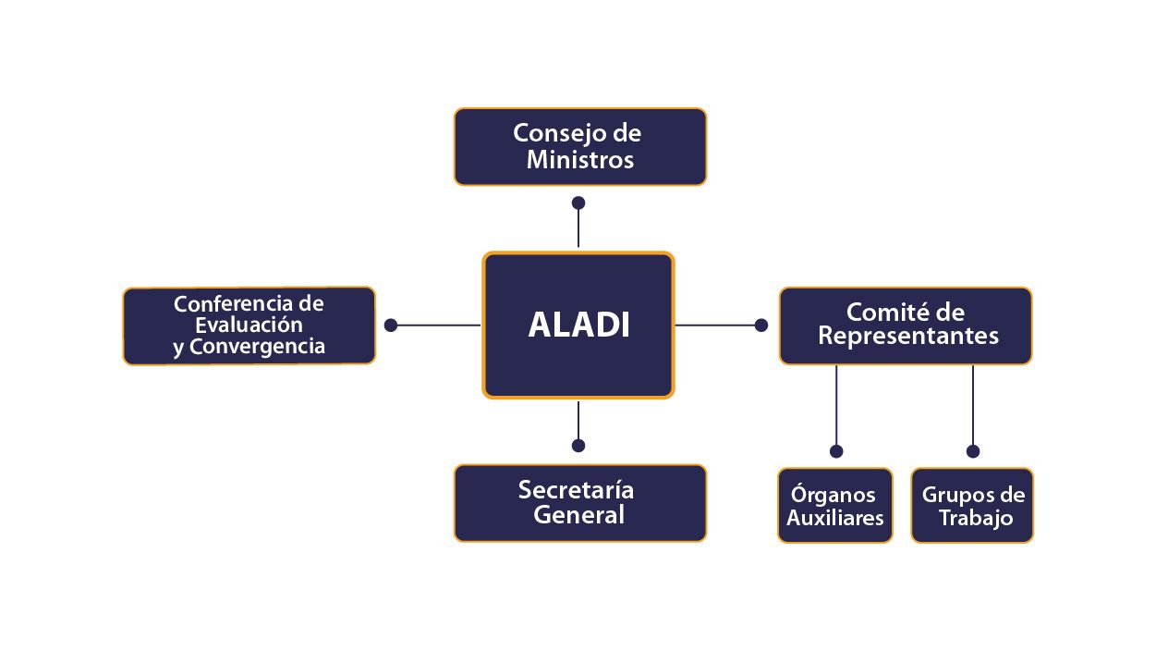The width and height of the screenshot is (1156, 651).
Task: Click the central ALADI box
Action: (578, 325)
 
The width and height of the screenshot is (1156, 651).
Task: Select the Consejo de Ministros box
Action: (579, 147)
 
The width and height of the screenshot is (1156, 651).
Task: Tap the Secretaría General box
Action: (579, 502)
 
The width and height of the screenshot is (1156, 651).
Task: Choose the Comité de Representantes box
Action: (905, 325)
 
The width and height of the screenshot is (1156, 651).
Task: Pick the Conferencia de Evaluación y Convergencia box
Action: (249, 325)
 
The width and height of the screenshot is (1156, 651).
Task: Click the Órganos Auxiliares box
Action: (835, 505)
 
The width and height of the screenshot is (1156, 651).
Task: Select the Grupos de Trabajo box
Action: (972, 505)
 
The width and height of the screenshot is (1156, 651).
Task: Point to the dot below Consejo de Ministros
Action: (578, 203)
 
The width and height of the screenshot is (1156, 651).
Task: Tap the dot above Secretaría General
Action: (578, 445)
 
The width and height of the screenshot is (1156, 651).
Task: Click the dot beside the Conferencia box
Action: (391, 325)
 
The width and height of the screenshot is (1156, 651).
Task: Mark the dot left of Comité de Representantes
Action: (761, 325)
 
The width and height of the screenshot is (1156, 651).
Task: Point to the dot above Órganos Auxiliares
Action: (836, 451)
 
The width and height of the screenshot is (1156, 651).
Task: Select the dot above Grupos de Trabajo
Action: (973, 451)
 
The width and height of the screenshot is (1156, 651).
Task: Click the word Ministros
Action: (580, 160)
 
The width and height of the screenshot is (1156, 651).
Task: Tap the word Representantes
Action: (908, 336)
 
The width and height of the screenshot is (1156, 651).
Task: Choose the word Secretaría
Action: (576, 489)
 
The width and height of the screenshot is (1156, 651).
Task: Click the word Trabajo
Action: (976, 518)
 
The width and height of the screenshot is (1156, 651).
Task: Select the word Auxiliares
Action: (835, 518)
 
